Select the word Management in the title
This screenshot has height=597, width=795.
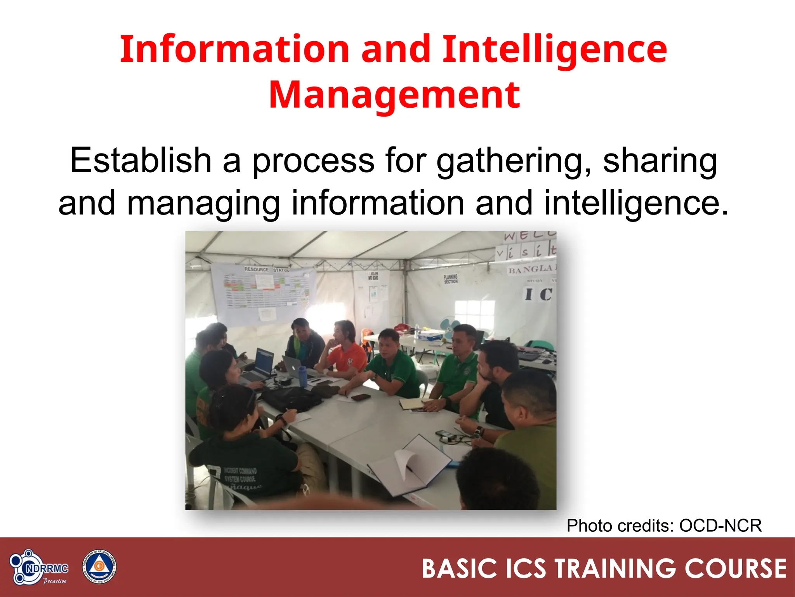pos(394,95)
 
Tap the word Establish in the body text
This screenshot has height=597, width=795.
pos(141,160)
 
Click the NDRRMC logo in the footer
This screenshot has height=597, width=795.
pos(38,567)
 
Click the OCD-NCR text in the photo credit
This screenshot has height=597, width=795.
pos(720,525)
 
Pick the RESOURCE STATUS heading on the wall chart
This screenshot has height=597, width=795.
pos(266,269)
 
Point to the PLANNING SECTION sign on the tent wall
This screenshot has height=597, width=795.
pos(451,279)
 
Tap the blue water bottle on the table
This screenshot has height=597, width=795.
pos(302,376)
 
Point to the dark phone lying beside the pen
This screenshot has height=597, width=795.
pos(361,397)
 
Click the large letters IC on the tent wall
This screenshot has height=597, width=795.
pos(538,294)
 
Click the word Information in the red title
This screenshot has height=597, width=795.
pos(235,50)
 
